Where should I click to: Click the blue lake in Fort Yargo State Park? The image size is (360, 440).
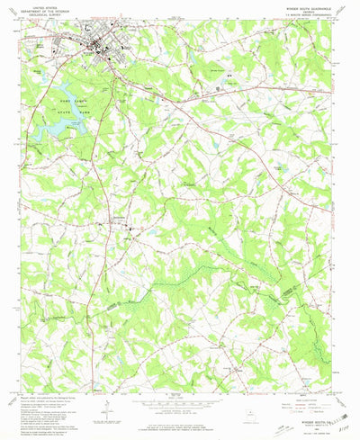pos(56,129)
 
